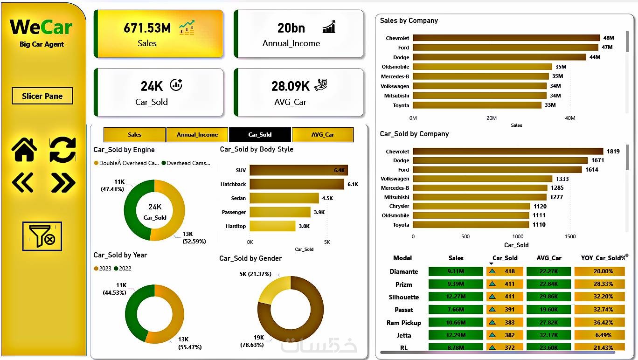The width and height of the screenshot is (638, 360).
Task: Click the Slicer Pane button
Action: tap(42, 96)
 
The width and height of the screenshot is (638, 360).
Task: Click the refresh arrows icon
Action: tap(62, 150)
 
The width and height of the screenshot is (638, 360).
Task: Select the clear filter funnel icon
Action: tap(42, 236)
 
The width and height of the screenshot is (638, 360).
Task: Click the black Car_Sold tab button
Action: tap(260, 135)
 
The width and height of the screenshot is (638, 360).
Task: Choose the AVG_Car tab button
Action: tap(323, 135)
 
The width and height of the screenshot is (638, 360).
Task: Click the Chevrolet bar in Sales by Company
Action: tap(506, 38)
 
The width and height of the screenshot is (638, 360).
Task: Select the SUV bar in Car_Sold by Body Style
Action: tap(298, 170)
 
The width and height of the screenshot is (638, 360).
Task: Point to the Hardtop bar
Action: tap(272, 226)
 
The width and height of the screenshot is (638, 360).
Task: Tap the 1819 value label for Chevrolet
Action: tap(613, 152)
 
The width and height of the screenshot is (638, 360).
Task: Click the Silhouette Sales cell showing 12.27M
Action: tap(456, 297)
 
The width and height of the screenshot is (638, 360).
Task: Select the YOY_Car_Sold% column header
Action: tap(603, 258)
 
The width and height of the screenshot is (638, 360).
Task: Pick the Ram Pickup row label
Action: tap(403, 323)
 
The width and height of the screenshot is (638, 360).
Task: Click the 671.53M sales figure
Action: tap(147, 28)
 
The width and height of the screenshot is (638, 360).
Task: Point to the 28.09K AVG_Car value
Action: tap(290, 86)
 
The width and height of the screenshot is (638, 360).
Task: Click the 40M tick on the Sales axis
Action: tap(570, 118)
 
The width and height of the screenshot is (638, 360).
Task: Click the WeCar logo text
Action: tap(42, 27)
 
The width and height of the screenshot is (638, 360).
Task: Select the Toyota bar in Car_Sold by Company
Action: tap(471, 225)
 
